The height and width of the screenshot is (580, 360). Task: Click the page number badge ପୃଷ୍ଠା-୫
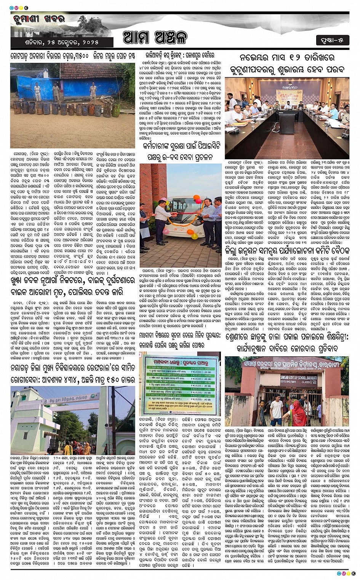pos(333,39)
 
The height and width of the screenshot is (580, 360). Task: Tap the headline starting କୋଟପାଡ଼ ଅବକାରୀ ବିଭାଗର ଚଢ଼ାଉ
pos(73,56)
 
